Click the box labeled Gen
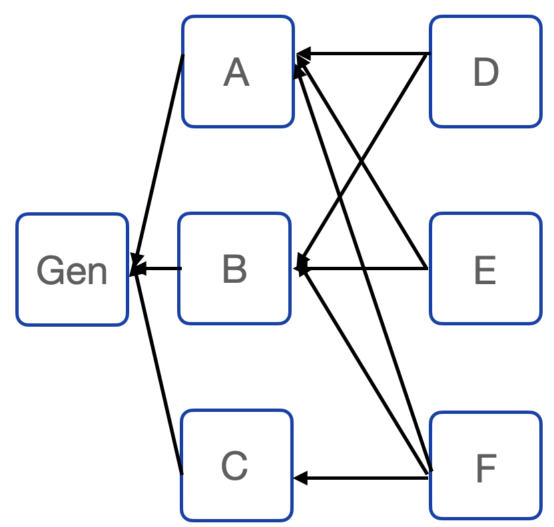(x=72, y=269)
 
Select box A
(x=238, y=72)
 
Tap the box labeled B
(x=234, y=268)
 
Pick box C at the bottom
(x=236, y=465)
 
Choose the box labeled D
(x=485, y=72)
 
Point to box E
(x=485, y=268)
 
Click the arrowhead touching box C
(x=300, y=477)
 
